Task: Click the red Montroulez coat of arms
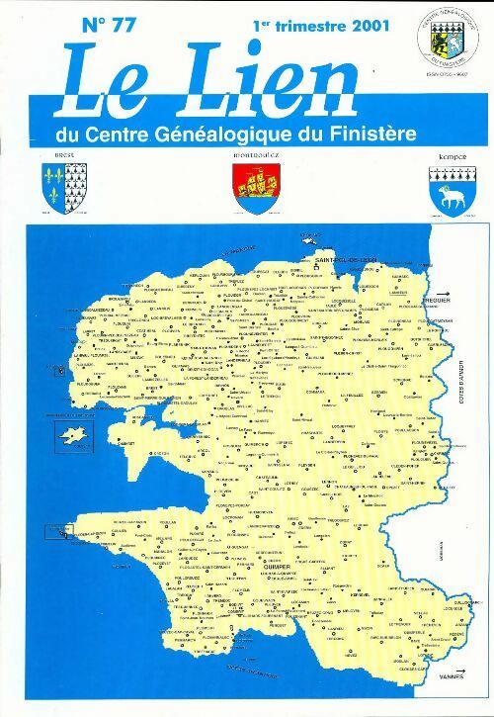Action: pyautogui.click(x=255, y=187)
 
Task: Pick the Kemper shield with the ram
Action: pyautogui.click(x=449, y=187)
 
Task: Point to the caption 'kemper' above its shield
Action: pyautogui.click(x=449, y=157)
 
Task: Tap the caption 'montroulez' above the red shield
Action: pyautogui.click(x=255, y=156)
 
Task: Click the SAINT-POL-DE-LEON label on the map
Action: pyautogui.click(x=347, y=258)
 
